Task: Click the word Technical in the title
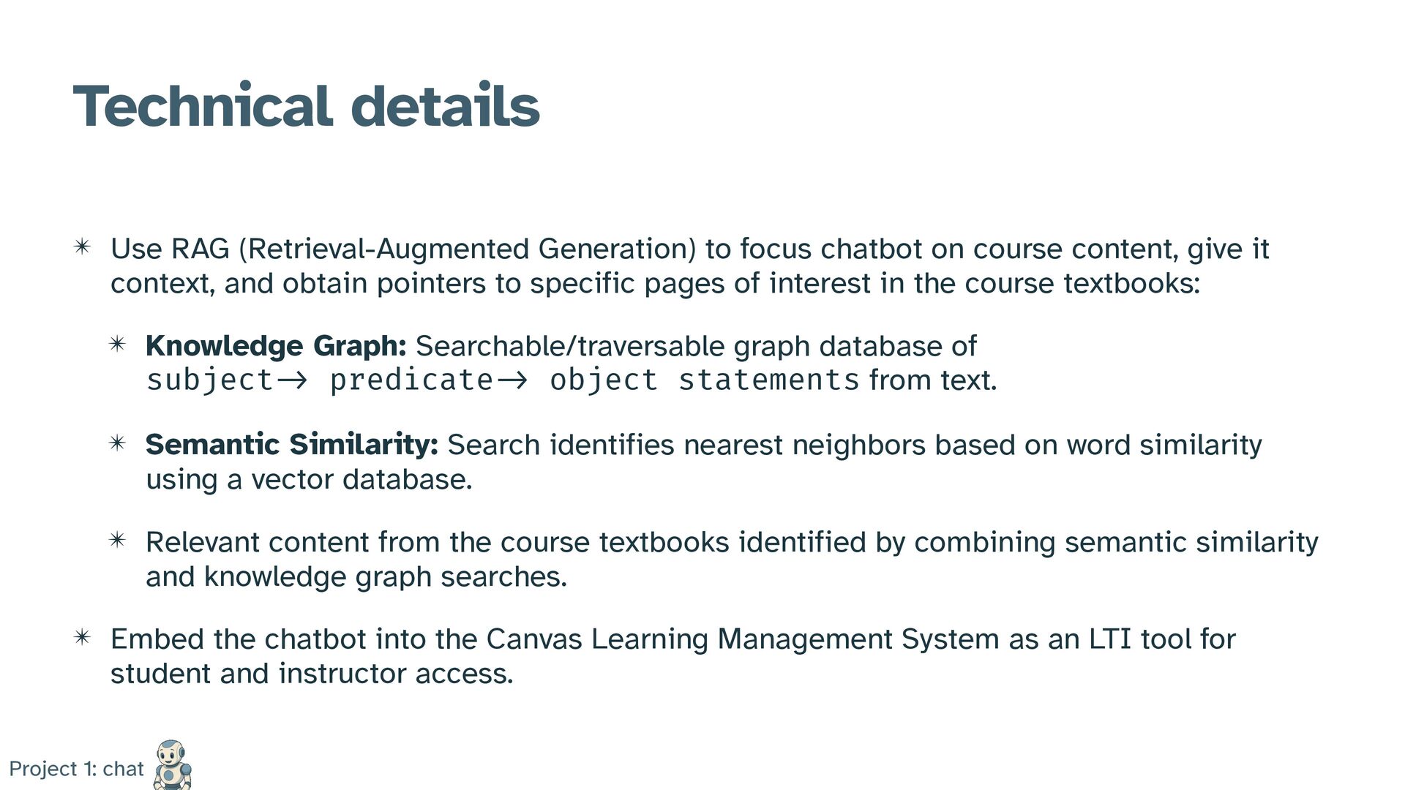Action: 203,107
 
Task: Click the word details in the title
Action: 445,107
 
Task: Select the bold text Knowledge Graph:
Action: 276,346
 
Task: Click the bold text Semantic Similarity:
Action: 292,444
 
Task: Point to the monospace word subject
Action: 210,380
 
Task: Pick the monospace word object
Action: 604,380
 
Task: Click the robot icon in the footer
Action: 172,764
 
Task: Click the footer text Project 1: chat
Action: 77,769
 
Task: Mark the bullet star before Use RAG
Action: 82,247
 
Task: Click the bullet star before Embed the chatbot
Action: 82,637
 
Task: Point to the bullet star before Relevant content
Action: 117,540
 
